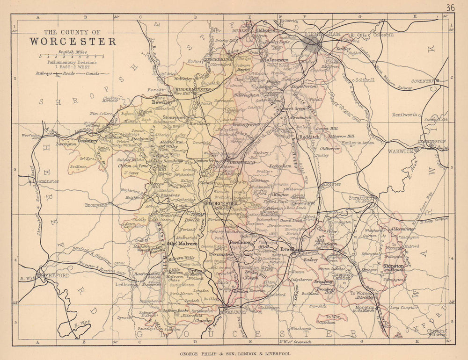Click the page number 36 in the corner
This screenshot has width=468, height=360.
450,7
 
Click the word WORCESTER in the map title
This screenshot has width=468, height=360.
73,41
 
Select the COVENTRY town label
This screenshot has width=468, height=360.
423,81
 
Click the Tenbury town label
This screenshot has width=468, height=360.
88,140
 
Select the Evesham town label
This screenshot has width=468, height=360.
291,250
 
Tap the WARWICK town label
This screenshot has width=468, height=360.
400,151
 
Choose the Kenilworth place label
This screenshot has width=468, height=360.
404,115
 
